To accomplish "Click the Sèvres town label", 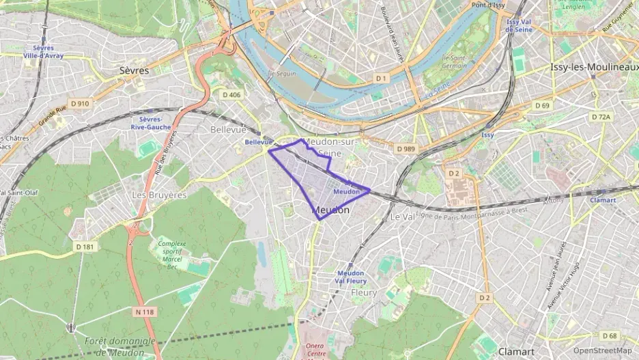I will tap(134, 70).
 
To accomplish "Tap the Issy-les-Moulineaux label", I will tap(593, 67).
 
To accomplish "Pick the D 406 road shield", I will tap(231, 94).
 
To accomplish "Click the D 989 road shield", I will tap(406, 148).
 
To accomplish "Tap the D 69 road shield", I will tap(542, 105).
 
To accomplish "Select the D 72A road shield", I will tap(601, 117).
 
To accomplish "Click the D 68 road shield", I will tap(610, 335).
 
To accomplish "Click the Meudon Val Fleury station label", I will tap(350, 277).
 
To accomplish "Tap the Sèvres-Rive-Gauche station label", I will tap(150, 122).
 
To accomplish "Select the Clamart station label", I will tap(603, 200).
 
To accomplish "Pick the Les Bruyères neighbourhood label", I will tap(159, 195).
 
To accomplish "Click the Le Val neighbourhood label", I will tap(402, 216).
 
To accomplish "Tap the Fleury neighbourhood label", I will tap(363, 292).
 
